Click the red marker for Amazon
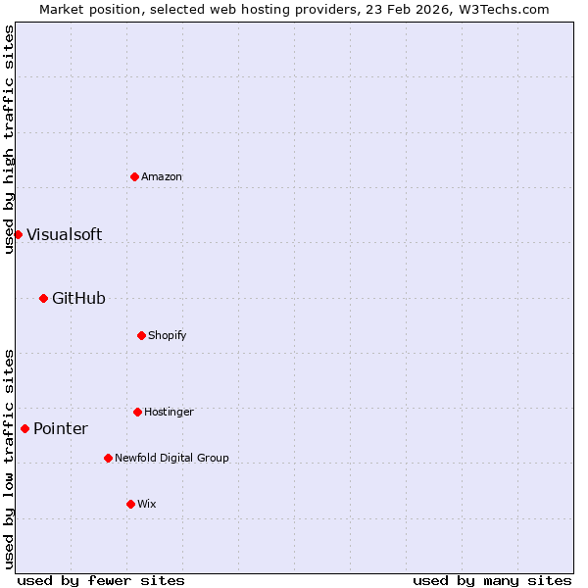click(134, 176)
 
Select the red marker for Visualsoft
click(18, 234)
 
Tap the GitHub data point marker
click(43, 298)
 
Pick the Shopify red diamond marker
click(141, 335)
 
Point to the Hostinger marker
click(137, 412)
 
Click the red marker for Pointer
click(24, 428)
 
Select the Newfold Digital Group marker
click(108, 458)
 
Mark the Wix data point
click(130, 504)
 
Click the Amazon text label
click(162, 176)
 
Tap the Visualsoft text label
click(64, 234)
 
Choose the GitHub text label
click(78, 298)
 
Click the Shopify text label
click(167, 335)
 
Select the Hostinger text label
click(169, 412)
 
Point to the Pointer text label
click(61, 428)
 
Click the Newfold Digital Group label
click(171, 458)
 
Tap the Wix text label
click(146, 504)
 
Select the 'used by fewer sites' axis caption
click(101, 580)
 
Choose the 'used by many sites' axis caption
click(492, 580)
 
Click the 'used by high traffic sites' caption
click(9, 139)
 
